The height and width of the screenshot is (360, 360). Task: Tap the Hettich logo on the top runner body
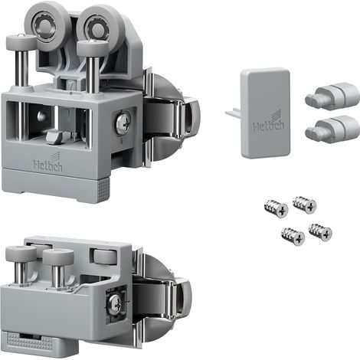pyautogui.click(x=47, y=163)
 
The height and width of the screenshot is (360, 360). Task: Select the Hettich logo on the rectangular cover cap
pyautogui.click(x=268, y=122)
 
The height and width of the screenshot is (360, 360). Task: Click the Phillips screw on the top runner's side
pyautogui.click(x=123, y=123)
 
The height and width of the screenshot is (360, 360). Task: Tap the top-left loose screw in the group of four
pyautogui.click(x=277, y=208)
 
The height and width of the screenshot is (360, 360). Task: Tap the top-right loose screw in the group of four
pyautogui.click(x=305, y=205)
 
